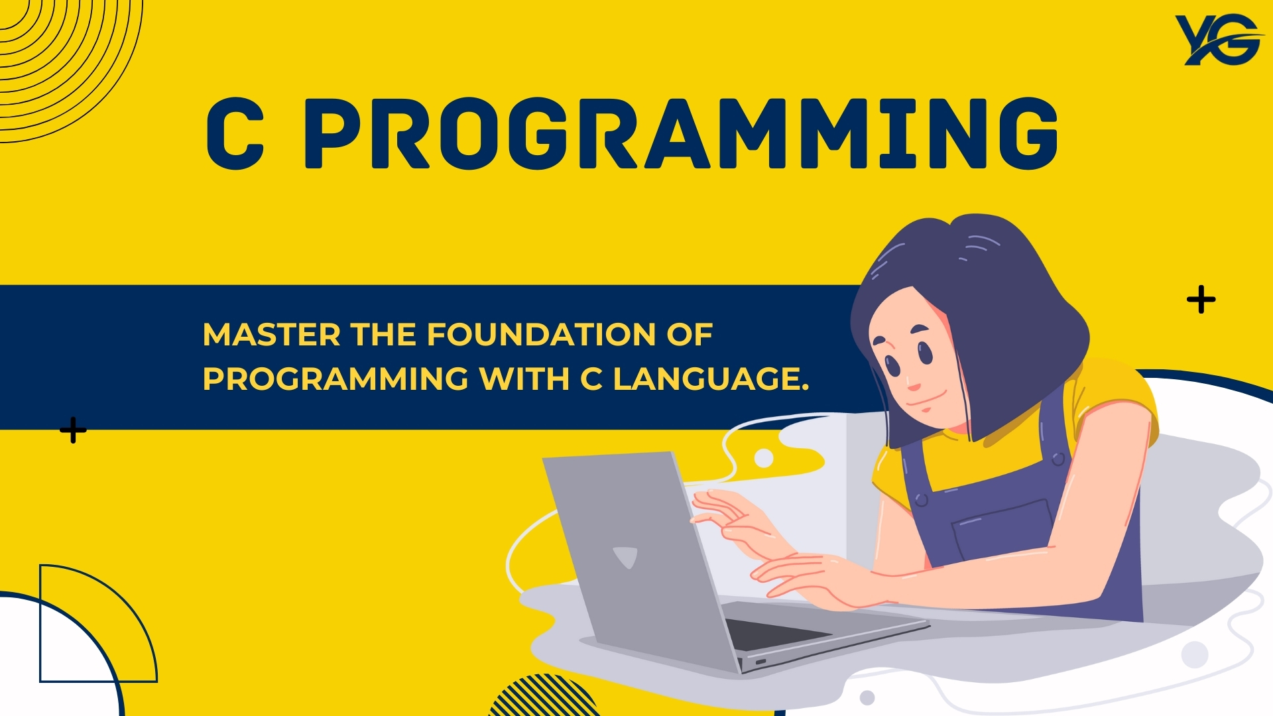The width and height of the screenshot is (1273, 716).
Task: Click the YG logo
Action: click(x=1219, y=40)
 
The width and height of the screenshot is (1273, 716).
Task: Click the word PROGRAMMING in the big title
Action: click(x=681, y=133)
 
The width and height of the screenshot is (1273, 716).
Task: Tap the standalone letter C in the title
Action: click(x=235, y=133)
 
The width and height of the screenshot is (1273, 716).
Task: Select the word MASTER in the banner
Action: click(x=272, y=335)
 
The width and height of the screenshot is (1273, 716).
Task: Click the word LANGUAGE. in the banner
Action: click(x=711, y=379)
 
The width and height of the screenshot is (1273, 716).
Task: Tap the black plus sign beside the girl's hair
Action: click(x=1201, y=300)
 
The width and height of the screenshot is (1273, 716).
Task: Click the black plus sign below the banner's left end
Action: click(x=73, y=430)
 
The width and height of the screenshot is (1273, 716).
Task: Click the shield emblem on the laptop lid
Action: click(x=625, y=558)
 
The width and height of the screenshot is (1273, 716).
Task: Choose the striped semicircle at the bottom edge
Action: click(x=544, y=696)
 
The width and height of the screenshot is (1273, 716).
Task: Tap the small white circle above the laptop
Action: click(x=764, y=458)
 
